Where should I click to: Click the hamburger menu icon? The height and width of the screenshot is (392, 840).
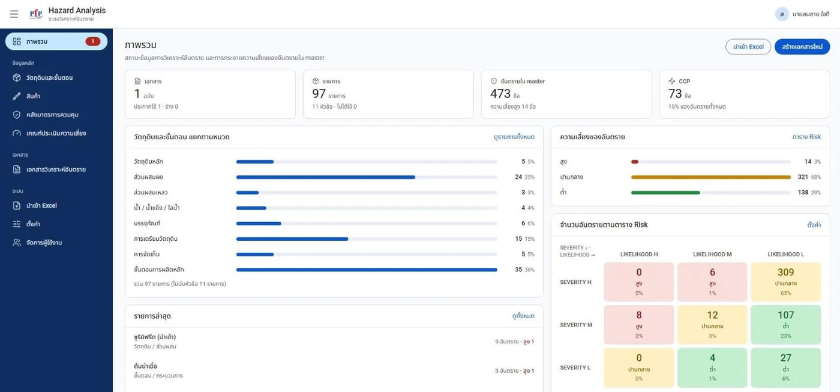tap(14, 14)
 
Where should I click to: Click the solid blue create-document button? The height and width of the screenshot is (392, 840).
tap(802, 47)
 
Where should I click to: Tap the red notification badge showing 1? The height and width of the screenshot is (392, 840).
tap(92, 41)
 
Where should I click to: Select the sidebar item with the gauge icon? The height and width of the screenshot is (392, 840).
tap(56, 133)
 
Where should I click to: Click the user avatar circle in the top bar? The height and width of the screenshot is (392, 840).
tap(781, 14)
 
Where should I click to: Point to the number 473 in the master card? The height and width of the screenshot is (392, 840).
tap(500, 94)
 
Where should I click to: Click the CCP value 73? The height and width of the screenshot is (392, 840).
tap(675, 94)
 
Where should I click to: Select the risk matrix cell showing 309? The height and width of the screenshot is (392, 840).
tap(785, 282)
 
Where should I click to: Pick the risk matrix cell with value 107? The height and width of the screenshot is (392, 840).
tap(785, 325)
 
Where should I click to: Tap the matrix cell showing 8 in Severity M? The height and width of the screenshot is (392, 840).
tap(638, 325)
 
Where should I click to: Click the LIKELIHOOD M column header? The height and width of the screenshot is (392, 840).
tap(712, 255)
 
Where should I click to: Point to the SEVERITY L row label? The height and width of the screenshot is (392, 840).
tap(575, 367)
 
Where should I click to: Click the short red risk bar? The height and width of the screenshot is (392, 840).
tap(635, 161)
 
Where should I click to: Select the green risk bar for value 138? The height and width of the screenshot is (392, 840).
tap(665, 193)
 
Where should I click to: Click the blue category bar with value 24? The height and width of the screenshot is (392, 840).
tap(325, 177)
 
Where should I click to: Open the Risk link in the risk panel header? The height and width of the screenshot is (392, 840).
tap(806, 137)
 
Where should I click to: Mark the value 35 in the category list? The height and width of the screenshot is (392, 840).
tap(518, 270)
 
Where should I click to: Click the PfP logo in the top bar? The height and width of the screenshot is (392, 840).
tap(36, 14)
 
